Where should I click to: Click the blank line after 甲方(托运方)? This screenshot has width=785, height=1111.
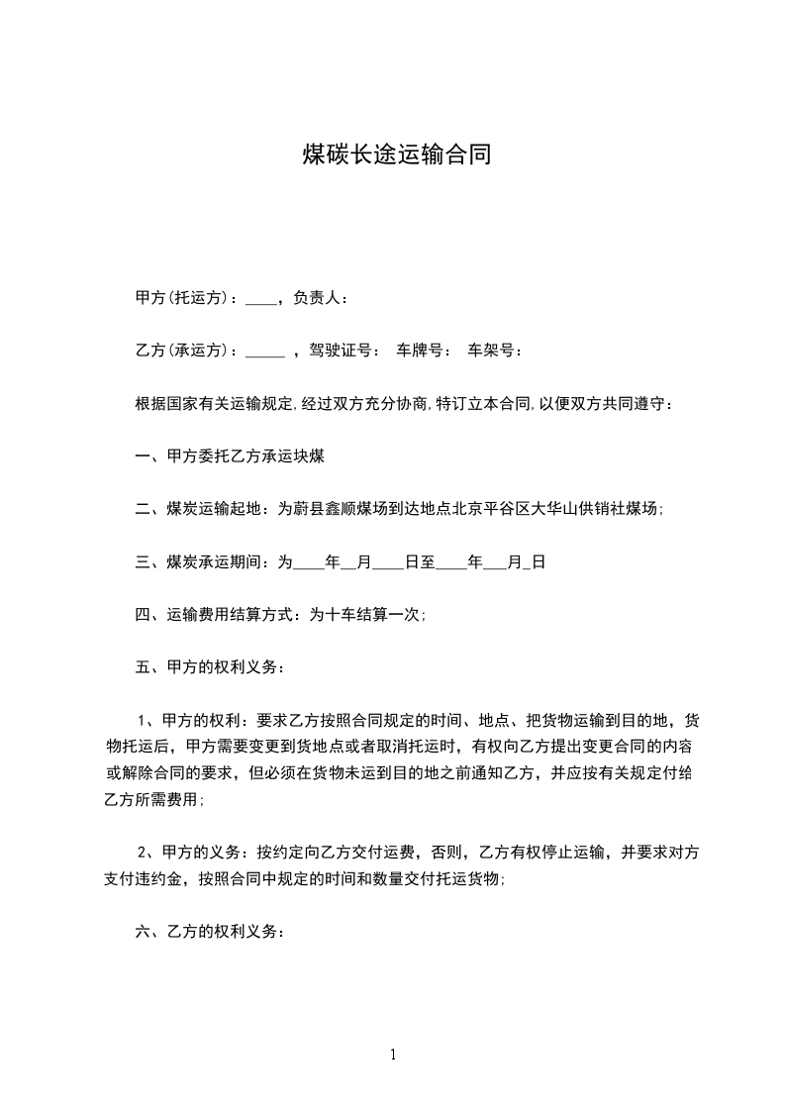pyautogui.click(x=259, y=300)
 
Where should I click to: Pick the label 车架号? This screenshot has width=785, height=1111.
pyautogui.click(x=490, y=351)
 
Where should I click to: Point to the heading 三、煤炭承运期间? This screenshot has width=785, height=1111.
pyautogui.click(x=199, y=562)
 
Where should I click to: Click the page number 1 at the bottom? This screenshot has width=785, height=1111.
pyautogui.click(x=393, y=1056)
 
